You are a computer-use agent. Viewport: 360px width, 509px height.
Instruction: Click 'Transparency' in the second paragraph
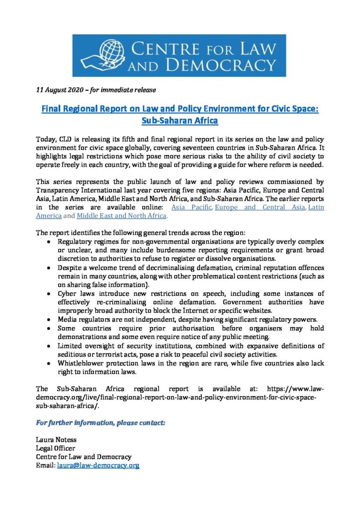click(x=61, y=189)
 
